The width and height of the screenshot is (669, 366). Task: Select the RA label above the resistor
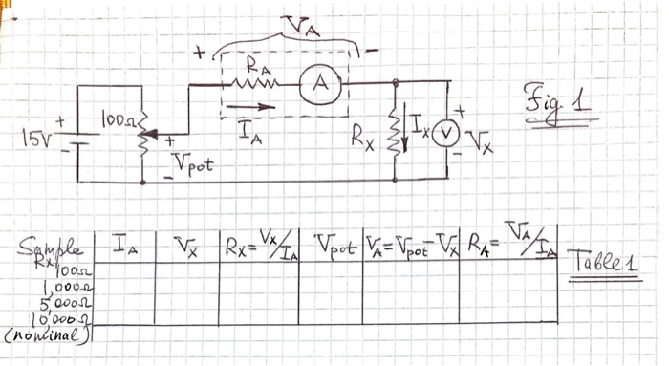(256, 66)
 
